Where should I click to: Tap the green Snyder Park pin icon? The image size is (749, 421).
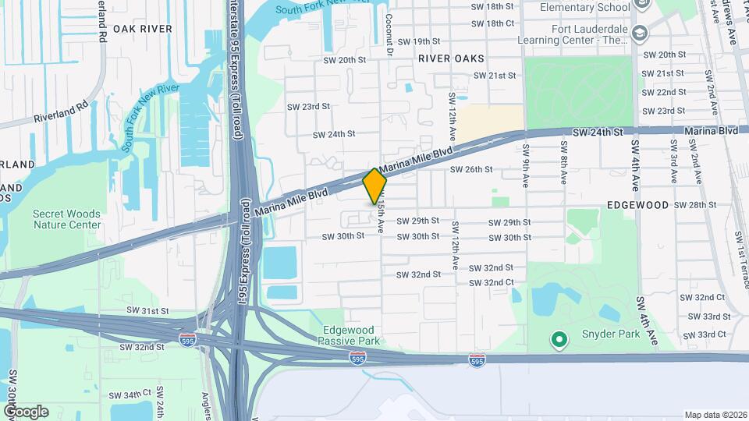(559, 339)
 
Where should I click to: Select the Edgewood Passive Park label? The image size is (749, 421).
(350, 334)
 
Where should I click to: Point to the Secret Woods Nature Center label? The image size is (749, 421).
(67, 219)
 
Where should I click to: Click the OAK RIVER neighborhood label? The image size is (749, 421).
(142, 29)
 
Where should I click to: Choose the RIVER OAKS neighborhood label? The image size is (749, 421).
(451, 58)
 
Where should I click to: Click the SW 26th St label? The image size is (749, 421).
(471, 169)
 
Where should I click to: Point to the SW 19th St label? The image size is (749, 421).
(419, 41)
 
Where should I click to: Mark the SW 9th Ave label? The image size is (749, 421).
(527, 163)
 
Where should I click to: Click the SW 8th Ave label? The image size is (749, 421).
(563, 163)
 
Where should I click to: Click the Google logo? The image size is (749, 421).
(26, 411)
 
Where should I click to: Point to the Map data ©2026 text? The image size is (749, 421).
(715, 415)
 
